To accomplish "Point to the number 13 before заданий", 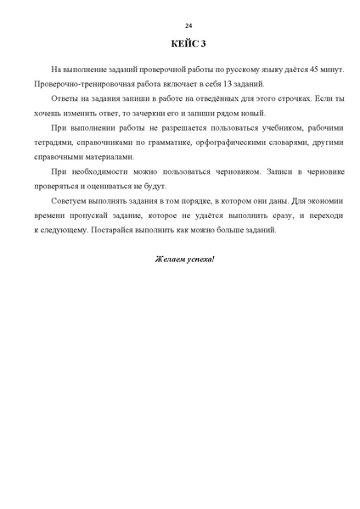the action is tap(225, 84).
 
